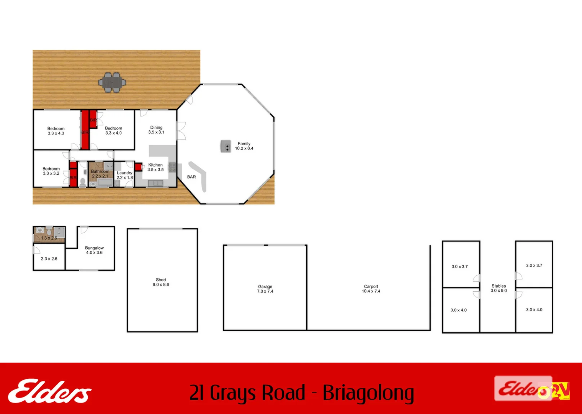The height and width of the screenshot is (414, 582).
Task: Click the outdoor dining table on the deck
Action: click(112, 82)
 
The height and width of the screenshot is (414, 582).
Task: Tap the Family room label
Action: click(244, 146)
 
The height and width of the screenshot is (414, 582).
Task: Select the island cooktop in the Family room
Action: click(226, 146)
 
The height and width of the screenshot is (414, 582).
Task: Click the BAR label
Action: click(191, 177)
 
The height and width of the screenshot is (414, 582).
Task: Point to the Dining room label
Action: click(156, 130)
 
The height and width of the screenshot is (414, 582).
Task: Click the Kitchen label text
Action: click(155, 167)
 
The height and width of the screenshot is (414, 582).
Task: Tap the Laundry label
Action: click(124, 175)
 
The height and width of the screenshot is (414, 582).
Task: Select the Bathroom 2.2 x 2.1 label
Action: click(100, 174)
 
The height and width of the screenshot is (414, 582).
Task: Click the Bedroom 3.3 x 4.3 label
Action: click(56, 131)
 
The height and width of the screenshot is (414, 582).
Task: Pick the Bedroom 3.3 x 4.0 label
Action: click(113, 131)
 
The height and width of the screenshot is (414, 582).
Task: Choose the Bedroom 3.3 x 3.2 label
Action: click(51, 171)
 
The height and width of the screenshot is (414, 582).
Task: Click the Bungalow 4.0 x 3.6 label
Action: click(94, 250)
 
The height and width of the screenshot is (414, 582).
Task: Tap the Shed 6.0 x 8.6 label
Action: click(161, 282)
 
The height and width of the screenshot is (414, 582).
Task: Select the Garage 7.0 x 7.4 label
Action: click(265, 289)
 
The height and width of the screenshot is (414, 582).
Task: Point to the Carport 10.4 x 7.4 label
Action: click(371, 289)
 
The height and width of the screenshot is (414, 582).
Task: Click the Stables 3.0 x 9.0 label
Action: click(499, 288)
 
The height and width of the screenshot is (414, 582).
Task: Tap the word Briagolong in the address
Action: click(368, 393)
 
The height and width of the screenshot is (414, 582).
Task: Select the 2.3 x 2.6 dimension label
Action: click(49, 259)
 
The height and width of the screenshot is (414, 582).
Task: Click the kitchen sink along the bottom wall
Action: click(155, 183)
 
